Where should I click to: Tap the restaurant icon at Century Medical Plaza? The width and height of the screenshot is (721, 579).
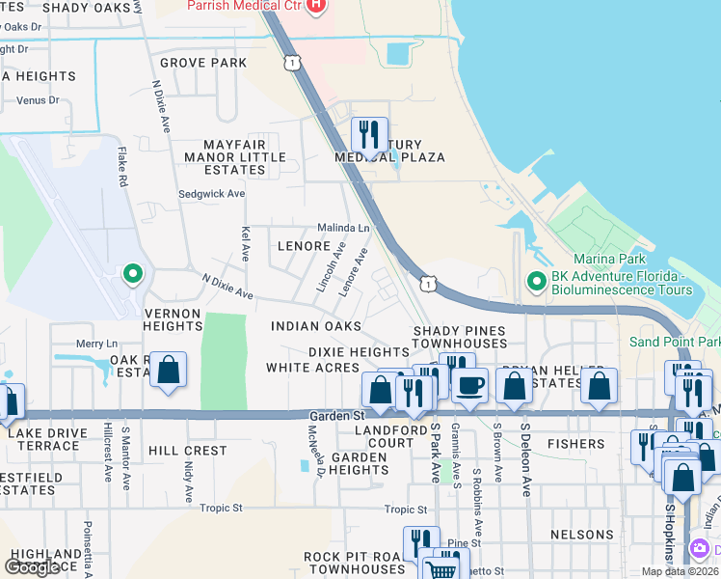[369, 133]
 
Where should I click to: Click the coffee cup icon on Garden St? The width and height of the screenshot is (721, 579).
[469, 384]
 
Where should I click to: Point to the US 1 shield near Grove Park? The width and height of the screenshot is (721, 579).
[291, 63]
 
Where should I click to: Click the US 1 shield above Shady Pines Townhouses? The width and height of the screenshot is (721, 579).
[427, 282]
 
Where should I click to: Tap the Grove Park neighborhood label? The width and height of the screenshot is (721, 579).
[203, 63]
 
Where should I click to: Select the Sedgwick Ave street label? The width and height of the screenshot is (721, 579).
[212, 194]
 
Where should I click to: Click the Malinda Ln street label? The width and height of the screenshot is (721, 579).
[344, 229]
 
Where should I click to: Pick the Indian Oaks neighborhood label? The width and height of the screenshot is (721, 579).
[316, 327]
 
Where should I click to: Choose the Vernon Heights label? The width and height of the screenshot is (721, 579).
[173, 320]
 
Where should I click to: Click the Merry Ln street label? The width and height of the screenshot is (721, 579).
[96, 344]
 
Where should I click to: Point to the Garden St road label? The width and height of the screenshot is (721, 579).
[329, 416]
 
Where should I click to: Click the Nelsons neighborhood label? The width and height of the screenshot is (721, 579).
[581, 535]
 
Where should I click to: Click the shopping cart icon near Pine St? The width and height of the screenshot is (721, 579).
[441, 568]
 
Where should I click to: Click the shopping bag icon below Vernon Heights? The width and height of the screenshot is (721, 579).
[168, 371]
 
